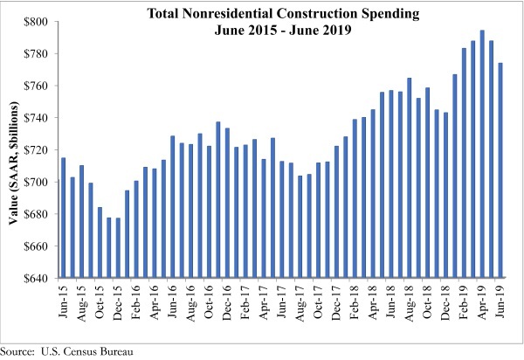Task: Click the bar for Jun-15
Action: [63, 218]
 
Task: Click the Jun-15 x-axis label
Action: [64, 302]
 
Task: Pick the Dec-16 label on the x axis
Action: [228, 302]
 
